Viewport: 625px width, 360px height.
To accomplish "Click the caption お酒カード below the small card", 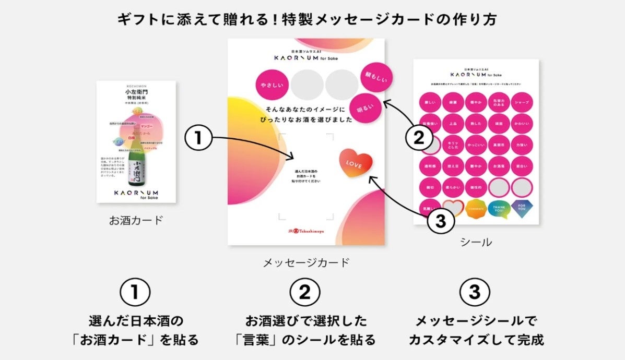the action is coord(136,220).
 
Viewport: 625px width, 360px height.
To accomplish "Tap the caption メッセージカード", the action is coord(306,262).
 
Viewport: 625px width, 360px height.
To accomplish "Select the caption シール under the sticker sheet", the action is coord(476,242).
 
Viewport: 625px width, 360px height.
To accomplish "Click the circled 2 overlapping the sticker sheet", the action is coord(421,138).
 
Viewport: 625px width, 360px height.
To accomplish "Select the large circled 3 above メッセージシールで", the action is coord(474,292).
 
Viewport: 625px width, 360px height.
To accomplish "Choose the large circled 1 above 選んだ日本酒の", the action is coord(135,292).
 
